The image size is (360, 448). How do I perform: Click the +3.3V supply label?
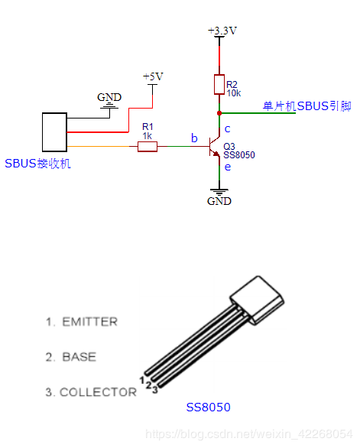[x=222, y=31]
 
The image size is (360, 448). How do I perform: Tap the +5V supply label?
[x=153, y=76]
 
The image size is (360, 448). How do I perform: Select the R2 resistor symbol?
[x=219, y=85]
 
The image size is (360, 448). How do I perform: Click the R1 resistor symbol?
[x=148, y=147]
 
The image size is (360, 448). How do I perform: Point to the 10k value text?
[x=234, y=93]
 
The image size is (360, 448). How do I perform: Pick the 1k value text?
[x=148, y=136]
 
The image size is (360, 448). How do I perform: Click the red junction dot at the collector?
[x=219, y=113]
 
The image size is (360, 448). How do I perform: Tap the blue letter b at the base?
[x=194, y=138]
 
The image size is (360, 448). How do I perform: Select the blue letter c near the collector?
[x=228, y=129]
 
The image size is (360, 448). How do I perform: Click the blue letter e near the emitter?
[x=228, y=167]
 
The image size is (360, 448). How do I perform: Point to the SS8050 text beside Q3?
[x=239, y=155]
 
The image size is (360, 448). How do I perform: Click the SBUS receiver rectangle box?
[x=54, y=132]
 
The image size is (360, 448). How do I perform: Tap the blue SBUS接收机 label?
[x=37, y=164]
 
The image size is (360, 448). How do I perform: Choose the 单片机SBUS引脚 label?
[x=306, y=106]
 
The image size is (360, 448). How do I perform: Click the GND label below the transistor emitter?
[x=219, y=201]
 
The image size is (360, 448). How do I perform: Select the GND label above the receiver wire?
[x=109, y=97]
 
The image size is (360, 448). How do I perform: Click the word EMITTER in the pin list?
[x=90, y=322]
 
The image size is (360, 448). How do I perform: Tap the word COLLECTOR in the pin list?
[x=98, y=392]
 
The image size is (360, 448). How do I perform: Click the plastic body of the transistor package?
[x=257, y=300]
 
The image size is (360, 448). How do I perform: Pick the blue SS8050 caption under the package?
[x=209, y=407]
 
